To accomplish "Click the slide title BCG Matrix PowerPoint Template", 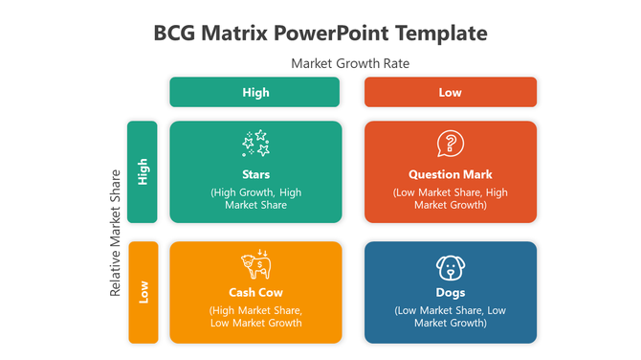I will [x=320, y=34].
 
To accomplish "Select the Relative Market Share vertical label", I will [x=116, y=233].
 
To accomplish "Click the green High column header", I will [x=254, y=92].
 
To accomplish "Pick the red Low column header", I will [x=451, y=92].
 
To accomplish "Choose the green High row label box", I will [x=143, y=171].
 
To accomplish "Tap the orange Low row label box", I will [x=143, y=292].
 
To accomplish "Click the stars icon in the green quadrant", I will [x=255, y=145].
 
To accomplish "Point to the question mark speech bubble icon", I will [x=450, y=145].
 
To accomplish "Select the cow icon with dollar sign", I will [x=255, y=265].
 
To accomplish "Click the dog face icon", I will [x=450, y=267].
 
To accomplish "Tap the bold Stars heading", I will [x=255, y=174].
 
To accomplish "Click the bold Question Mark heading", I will [x=451, y=174].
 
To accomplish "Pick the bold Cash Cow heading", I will [x=255, y=292].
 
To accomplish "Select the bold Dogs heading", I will [x=451, y=292].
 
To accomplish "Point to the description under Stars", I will [x=255, y=198].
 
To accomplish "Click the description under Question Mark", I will [x=451, y=198].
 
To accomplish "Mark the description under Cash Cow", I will [x=255, y=316].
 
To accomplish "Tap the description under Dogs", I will [x=451, y=316].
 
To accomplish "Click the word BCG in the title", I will [x=175, y=34].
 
